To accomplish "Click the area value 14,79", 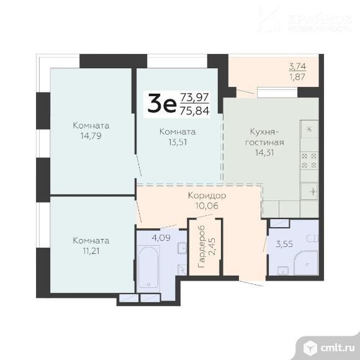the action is pos(91,136).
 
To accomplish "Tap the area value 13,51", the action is pos(178,142).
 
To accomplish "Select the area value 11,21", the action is pos(91,251).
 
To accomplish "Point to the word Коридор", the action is pos(207,196).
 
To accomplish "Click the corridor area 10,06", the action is pos(207,205).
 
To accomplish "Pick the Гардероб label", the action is pos(201,246).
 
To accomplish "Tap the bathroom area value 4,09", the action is pos(161,238).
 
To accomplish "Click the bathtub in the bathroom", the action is pos(148,266).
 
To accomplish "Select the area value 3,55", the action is pos(284,244).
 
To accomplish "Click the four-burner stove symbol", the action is pos(309,161).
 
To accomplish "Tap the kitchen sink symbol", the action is pos(310,191).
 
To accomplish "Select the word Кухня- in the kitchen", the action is pos(264,132).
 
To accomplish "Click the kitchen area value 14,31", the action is pos(264,153).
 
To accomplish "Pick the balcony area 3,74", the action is pos(297,66).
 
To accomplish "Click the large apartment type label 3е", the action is pos(162,104).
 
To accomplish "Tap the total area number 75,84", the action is pos(195,111).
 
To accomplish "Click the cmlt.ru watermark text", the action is pos(337,348).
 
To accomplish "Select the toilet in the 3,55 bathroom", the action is pos(312,238).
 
